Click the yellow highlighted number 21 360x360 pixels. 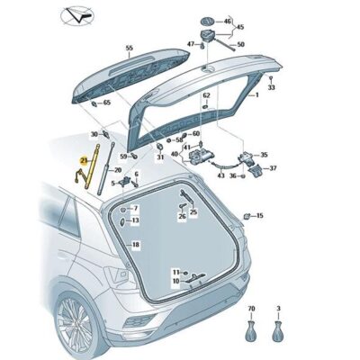[84, 158]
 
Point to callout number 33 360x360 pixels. [271, 88]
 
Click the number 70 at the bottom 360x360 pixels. [250, 308]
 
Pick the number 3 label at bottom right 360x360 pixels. [278, 308]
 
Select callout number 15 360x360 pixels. [260, 216]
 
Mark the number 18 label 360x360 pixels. [136, 245]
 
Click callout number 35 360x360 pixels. [264, 155]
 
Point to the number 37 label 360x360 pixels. [274, 168]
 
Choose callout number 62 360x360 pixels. [206, 94]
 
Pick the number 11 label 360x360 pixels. [176, 270]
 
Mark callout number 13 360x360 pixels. [135, 220]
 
